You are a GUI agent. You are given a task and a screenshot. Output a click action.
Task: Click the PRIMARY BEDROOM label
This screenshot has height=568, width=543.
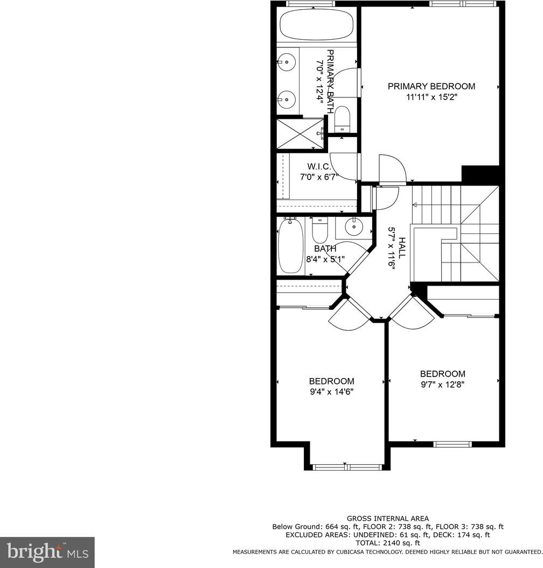pos(431,86)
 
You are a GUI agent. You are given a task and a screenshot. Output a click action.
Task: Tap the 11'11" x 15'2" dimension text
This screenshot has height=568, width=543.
pos(431,97)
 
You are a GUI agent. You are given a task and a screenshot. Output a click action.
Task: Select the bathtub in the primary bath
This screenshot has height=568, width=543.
pos(317,24)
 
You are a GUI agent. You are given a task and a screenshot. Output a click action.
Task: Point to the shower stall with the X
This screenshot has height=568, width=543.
pos(301,133)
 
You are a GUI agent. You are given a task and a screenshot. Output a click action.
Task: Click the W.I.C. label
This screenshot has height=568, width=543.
pos(319,167)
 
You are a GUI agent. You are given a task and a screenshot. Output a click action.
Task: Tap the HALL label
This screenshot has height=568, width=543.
pos(402,248)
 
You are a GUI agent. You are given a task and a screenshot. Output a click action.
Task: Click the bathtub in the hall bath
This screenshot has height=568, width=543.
pos(290,246)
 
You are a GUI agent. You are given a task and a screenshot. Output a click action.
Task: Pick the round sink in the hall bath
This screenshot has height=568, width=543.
pos(354,227)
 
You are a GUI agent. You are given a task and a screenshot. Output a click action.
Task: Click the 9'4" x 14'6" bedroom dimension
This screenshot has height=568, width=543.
pos(331,392)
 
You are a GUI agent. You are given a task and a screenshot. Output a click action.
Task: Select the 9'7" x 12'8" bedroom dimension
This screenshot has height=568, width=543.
pos(442,385)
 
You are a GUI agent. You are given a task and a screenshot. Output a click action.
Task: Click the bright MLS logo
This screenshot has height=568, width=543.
pos(47,553)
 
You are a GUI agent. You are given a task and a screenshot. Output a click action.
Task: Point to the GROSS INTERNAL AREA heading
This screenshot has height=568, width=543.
pos(388,519)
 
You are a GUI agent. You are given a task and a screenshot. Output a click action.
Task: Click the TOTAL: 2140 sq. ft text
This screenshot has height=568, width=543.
pos(388,543)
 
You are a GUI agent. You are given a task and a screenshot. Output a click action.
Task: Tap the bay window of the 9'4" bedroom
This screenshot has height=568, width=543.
pos(347,467)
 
